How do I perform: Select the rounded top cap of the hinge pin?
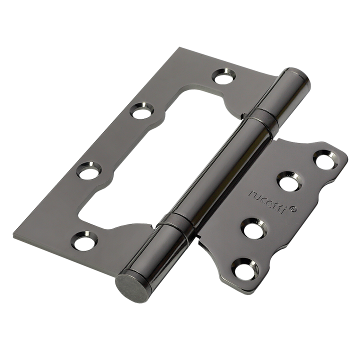295,80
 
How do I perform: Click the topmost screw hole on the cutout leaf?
222,76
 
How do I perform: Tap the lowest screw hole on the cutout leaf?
83,241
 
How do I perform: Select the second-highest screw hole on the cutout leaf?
142,110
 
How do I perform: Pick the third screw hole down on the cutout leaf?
89,171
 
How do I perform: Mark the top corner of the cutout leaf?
180,49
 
